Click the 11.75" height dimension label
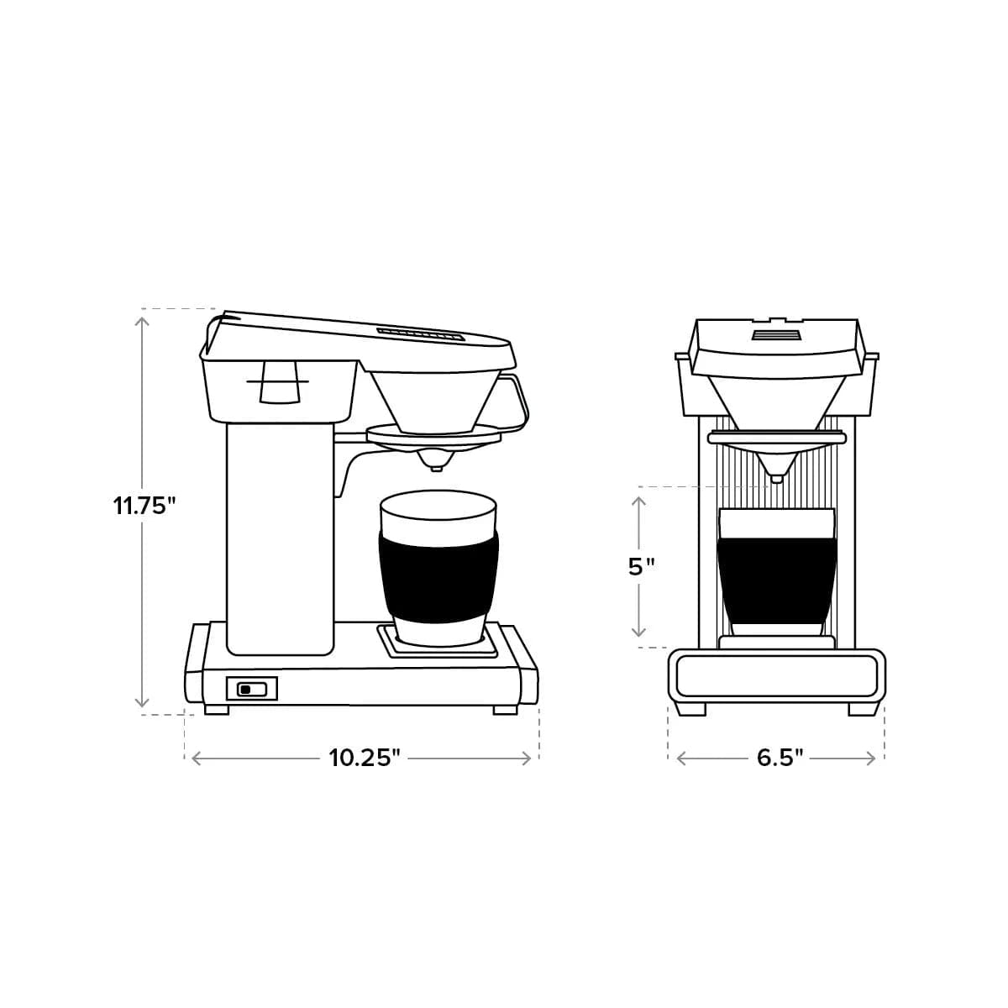click(x=144, y=507)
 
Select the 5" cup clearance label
click(x=641, y=566)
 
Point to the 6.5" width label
click(x=780, y=758)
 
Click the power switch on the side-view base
click(x=250, y=690)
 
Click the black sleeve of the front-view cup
click(x=777, y=580)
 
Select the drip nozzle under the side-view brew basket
click(x=435, y=460)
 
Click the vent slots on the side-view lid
click(x=420, y=333)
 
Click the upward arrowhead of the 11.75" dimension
click(x=144, y=316)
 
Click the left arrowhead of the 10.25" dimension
click(x=197, y=758)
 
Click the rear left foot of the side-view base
click(x=216, y=709)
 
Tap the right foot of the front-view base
click(x=860, y=709)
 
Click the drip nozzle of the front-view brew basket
click(x=776, y=476)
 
